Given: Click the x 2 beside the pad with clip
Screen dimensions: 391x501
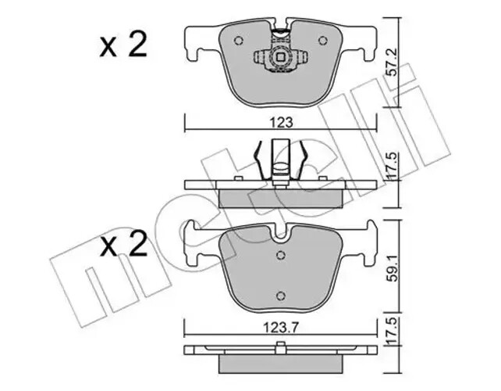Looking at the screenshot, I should pos(123,45).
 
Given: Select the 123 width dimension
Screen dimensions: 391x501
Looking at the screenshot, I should pos(282,123).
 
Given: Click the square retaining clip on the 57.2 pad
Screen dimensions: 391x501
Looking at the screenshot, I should pos(280,57).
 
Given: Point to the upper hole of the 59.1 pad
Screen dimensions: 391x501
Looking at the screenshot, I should pos(280,256).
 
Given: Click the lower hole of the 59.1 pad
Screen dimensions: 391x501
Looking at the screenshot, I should pos(280,295).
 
